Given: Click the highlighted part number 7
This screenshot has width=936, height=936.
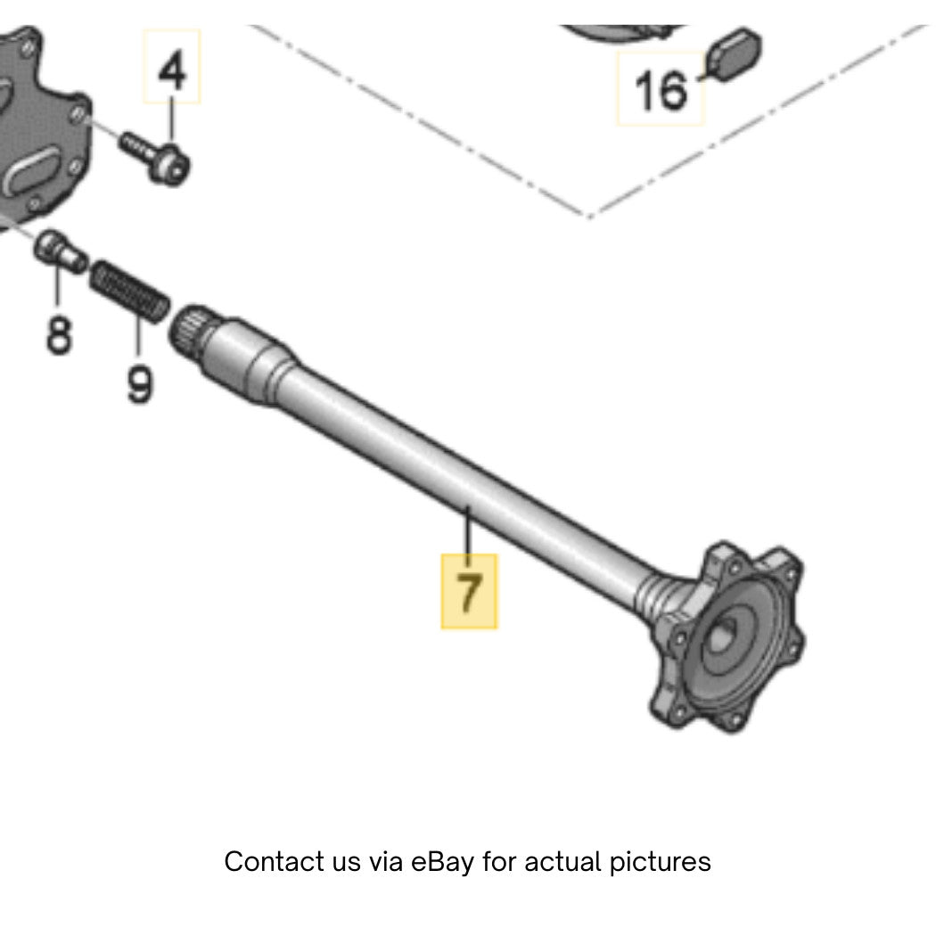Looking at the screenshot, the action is (x=469, y=591).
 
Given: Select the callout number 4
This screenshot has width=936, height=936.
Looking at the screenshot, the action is (x=172, y=70).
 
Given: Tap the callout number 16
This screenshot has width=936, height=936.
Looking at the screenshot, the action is (x=661, y=90).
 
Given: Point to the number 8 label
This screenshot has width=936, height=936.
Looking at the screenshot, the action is (x=59, y=335).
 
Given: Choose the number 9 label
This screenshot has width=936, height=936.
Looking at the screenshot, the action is (x=140, y=384).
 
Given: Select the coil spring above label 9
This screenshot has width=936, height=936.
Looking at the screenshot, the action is (x=129, y=291).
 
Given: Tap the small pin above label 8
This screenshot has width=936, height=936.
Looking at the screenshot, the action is (x=60, y=250).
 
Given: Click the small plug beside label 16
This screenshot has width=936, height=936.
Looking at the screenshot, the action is (x=734, y=54).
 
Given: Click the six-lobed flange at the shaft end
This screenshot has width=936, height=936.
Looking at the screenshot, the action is (x=729, y=636).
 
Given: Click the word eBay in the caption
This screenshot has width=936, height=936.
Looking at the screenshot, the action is (x=443, y=862).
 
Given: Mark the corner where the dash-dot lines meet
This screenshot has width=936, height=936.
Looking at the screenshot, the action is (x=588, y=216).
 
